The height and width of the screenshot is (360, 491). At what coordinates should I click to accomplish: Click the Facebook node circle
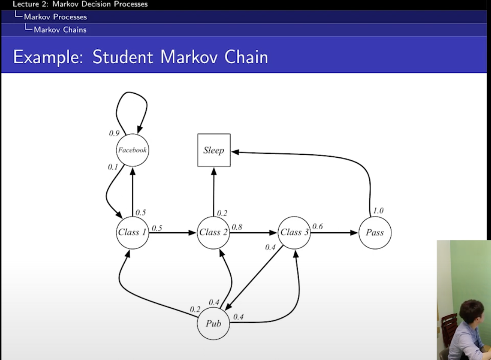click(133, 150)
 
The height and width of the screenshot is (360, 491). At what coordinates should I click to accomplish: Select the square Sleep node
click(214, 150)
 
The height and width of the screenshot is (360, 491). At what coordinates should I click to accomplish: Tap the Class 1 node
click(133, 232)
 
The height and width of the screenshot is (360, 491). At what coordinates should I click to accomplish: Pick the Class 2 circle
click(214, 232)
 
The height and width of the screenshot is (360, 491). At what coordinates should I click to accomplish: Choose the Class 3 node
click(294, 232)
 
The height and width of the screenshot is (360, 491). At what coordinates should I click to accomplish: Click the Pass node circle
click(375, 232)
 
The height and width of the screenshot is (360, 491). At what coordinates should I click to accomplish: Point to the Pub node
click(213, 323)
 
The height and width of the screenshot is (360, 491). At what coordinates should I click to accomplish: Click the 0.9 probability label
click(114, 133)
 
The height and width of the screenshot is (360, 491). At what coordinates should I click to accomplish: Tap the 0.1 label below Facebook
click(113, 166)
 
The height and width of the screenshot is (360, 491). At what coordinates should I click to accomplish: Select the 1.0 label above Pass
click(378, 211)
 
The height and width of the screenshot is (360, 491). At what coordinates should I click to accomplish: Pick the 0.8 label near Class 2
click(237, 227)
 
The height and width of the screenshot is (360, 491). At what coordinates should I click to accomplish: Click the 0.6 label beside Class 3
click(317, 227)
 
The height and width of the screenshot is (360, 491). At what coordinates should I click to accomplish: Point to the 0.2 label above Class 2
click(222, 213)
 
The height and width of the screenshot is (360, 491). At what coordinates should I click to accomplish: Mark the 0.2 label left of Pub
click(195, 309)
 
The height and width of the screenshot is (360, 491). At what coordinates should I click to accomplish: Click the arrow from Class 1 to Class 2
click(172, 233)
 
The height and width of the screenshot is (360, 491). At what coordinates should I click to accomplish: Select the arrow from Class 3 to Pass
click(334, 233)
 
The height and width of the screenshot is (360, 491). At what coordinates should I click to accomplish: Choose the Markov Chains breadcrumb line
click(60, 30)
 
